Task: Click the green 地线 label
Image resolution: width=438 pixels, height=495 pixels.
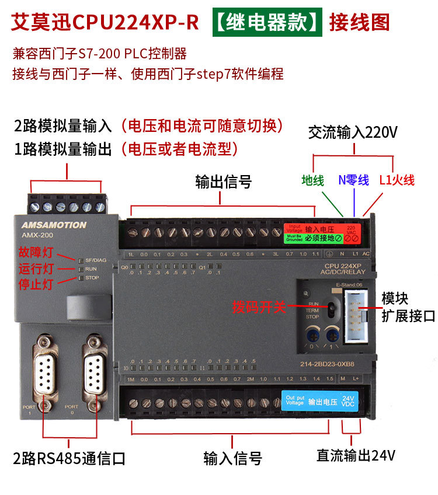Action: point(312,180)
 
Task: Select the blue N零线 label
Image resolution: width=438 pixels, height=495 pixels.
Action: point(353,180)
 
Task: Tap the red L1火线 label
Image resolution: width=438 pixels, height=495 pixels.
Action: point(397,180)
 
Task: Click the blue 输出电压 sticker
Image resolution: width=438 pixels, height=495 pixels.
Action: point(321,402)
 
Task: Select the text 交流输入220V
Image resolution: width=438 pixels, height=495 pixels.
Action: point(353,133)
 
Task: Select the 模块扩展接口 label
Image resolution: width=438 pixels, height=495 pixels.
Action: point(408,307)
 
